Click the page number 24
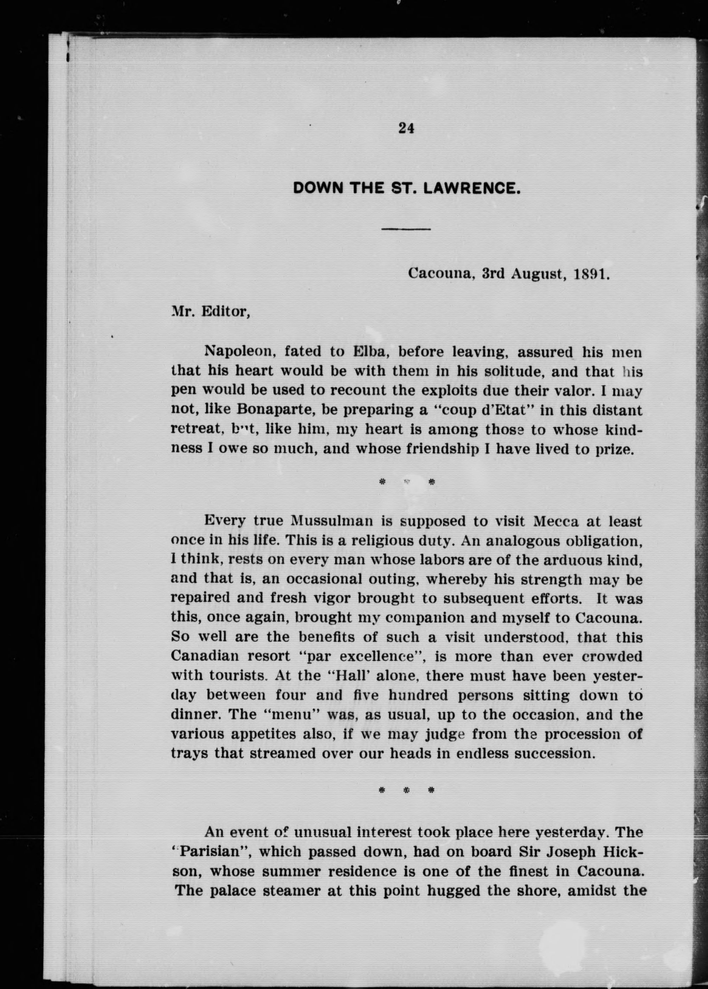pos(406,128)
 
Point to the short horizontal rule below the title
pos(406,229)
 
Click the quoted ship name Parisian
pos(216,852)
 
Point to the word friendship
pos(440,449)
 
